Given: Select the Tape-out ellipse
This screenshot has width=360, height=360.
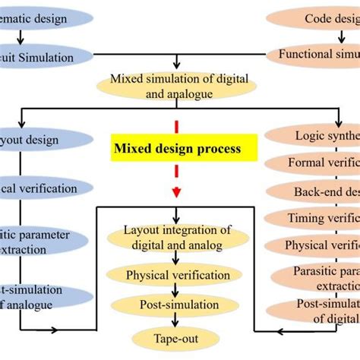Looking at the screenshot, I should pyautogui.click(x=175, y=339).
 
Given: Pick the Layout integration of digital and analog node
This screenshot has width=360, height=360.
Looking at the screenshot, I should pyautogui.click(x=175, y=236).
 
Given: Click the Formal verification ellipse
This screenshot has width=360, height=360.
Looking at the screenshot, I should pyautogui.click(x=320, y=163).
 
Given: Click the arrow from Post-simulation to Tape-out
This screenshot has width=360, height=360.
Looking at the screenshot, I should pyautogui.click(x=175, y=323).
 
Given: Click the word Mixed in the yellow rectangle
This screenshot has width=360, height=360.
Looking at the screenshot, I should pyautogui.click(x=132, y=149).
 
